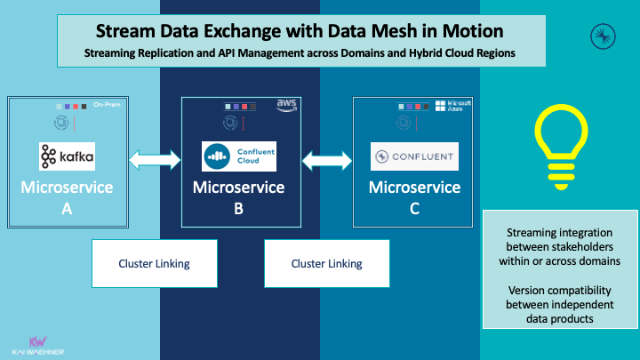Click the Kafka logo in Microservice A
(x=67, y=157)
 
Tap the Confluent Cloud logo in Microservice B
(x=239, y=157)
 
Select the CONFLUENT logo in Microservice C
(x=414, y=157)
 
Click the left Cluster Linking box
(x=155, y=263)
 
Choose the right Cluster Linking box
(x=326, y=263)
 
